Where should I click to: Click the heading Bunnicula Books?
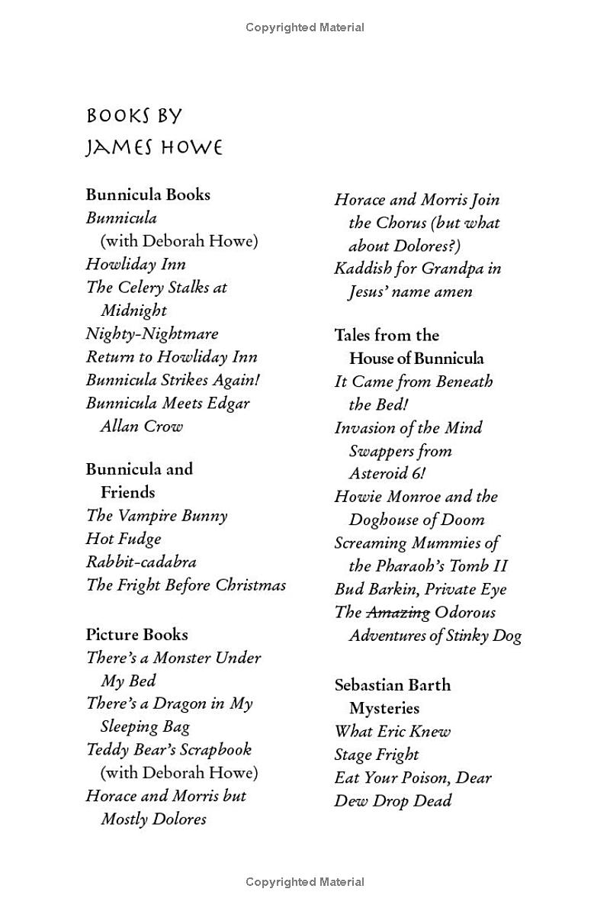click(x=148, y=195)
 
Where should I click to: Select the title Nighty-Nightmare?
click(x=152, y=333)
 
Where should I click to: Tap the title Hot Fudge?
click(x=124, y=539)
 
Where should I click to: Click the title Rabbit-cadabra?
click(x=141, y=562)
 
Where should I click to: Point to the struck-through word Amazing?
click(x=398, y=612)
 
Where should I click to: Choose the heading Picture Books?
click(x=136, y=634)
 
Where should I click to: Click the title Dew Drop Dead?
click(x=393, y=800)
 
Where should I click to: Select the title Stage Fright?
click(x=377, y=755)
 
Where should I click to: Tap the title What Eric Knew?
click(x=392, y=731)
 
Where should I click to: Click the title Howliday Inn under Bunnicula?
click(x=136, y=264)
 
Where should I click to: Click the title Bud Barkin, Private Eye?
click(x=420, y=589)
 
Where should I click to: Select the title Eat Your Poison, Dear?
click(x=413, y=778)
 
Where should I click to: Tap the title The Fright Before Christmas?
click(x=186, y=585)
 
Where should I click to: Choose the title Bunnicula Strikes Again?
click(x=168, y=380)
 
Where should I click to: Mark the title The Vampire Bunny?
click(x=156, y=516)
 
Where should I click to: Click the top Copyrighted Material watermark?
click(x=305, y=27)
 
